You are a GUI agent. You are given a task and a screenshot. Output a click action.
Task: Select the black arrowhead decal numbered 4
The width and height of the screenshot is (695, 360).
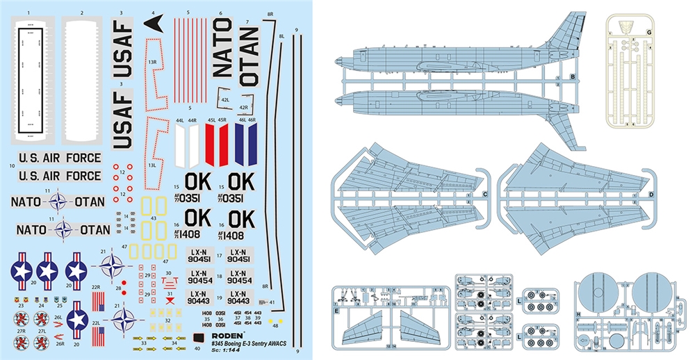[154, 24]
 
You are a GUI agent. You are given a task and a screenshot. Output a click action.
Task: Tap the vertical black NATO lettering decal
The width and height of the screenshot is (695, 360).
[222, 48]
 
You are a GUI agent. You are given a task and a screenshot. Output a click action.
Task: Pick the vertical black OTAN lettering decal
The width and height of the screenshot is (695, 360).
[249, 56]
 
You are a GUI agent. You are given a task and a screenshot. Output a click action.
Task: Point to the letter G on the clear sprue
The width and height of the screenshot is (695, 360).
[649, 31]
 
